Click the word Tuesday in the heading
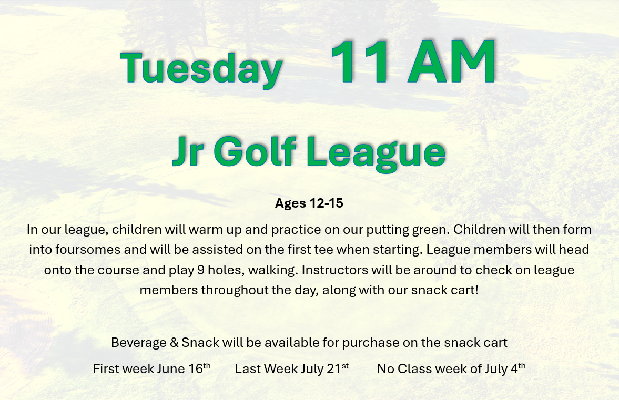[201, 68]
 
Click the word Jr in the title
[189, 151]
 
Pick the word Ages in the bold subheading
[290, 203]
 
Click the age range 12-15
[327, 203]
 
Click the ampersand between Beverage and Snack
[174, 343]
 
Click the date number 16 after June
[196, 369]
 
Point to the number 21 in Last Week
[333, 369]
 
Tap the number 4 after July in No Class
[514, 369]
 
